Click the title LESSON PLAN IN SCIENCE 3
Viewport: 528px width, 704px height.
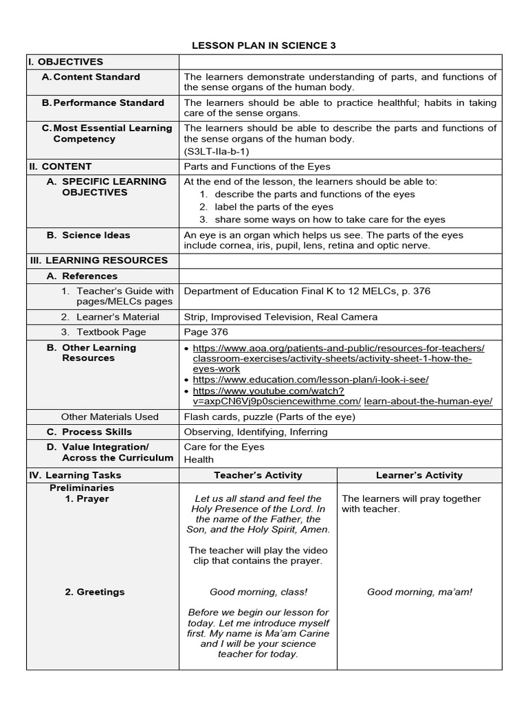click(263, 45)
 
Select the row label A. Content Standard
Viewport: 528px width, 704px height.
click(96, 77)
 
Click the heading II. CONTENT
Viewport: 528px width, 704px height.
click(60, 166)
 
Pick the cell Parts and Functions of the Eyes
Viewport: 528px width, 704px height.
click(257, 166)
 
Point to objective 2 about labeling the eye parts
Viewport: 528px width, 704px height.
click(274, 207)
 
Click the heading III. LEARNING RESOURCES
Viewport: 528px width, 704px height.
click(98, 261)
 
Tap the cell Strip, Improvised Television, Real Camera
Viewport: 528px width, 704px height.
click(280, 317)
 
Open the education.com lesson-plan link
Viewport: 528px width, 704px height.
click(311, 379)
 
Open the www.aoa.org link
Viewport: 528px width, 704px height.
click(338, 348)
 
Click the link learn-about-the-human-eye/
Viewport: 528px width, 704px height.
click(428, 401)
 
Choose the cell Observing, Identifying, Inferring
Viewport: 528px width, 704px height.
click(256, 432)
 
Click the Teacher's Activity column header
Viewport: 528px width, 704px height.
click(258, 475)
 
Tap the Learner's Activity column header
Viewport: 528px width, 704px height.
click(419, 475)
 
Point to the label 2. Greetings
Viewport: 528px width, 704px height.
click(95, 592)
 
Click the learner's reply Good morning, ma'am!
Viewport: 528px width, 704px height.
click(419, 592)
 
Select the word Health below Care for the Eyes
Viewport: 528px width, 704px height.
click(199, 460)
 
